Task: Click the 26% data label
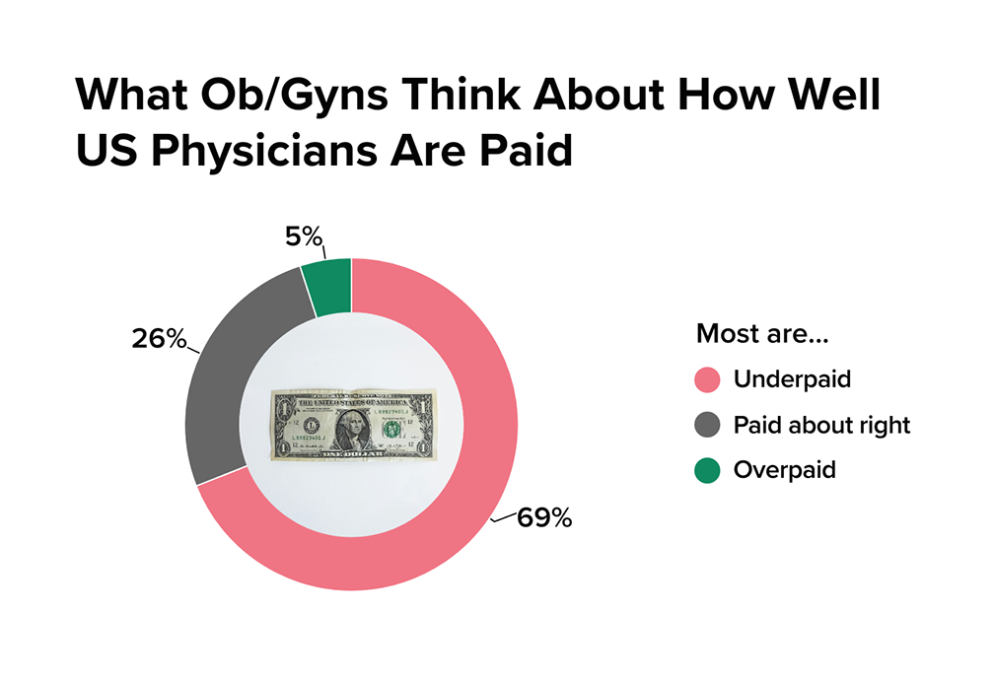pyautogui.click(x=159, y=338)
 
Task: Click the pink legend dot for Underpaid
pyautogui.click(x=708, y=380)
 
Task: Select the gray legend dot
pyautogui.click(x=708, y=426)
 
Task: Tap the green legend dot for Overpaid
pyautogui.click(x=708, y=470)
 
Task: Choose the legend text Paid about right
pyautogui.click(x=821, y=426)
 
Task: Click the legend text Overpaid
pyautogui.click(x=784, y=470)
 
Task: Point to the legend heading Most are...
pyautogui.click(x=762, y=333)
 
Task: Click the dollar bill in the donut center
pyautogui.click(x=352, y=424)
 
